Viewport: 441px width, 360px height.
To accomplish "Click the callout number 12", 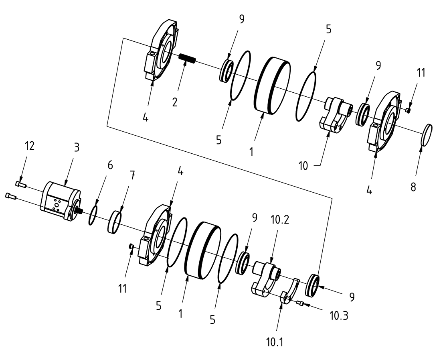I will pyautogui.click(x=28, y=146).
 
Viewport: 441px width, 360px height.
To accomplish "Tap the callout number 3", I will pyautogui.click(x=77, y=147).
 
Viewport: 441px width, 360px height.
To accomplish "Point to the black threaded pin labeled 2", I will pyautogui.click(x=186, y=59).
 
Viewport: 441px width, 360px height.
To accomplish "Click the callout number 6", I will pyautogui.click(x=110, y=165).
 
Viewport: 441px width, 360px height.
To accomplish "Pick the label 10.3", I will pyautogui.click(x=339, y=316).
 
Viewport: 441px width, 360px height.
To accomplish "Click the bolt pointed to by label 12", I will pyautogui.click(x=21, y=184).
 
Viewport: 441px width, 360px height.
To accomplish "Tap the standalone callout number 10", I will pyautogui.click(x=303, y=165).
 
